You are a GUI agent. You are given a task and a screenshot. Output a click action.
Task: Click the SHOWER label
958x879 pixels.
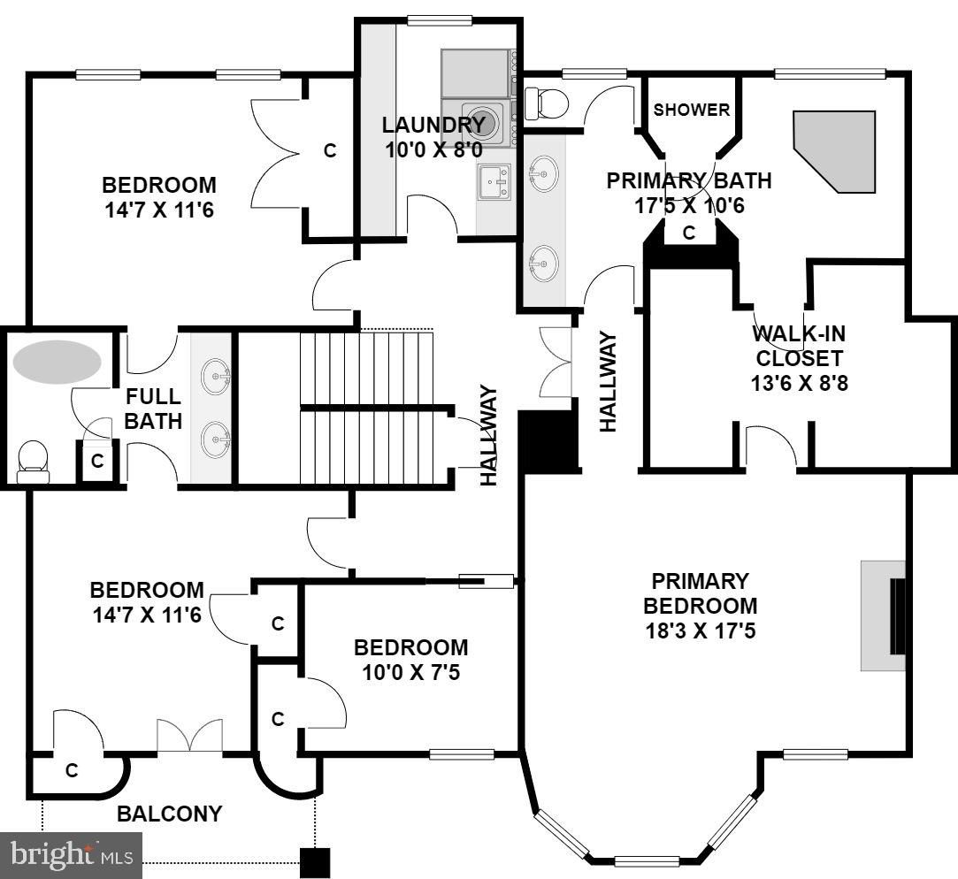coord(692,111)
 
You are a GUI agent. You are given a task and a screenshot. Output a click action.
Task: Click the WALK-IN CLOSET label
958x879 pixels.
coord(799,359)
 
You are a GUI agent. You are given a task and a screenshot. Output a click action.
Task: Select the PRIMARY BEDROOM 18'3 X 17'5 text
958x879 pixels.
coord(700,607)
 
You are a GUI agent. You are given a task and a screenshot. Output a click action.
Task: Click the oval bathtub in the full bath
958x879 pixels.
coord(57,362)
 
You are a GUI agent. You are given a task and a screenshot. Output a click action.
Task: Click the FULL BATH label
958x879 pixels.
coord(152,409)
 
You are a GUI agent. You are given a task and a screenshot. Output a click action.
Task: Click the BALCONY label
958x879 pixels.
coord(170,814)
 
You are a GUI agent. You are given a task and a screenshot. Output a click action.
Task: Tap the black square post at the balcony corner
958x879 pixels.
coord(314,862)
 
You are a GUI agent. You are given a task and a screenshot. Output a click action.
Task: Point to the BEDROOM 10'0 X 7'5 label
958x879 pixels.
coord(410,660)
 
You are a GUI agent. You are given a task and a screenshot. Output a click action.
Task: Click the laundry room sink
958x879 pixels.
coord(494,183)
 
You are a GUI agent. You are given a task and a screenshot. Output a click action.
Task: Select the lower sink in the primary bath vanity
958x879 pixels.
coord(543,262)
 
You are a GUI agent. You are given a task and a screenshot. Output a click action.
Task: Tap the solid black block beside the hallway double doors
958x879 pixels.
coord(548,439)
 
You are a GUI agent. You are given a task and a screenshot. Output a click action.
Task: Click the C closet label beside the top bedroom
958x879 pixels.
coord(330,151)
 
